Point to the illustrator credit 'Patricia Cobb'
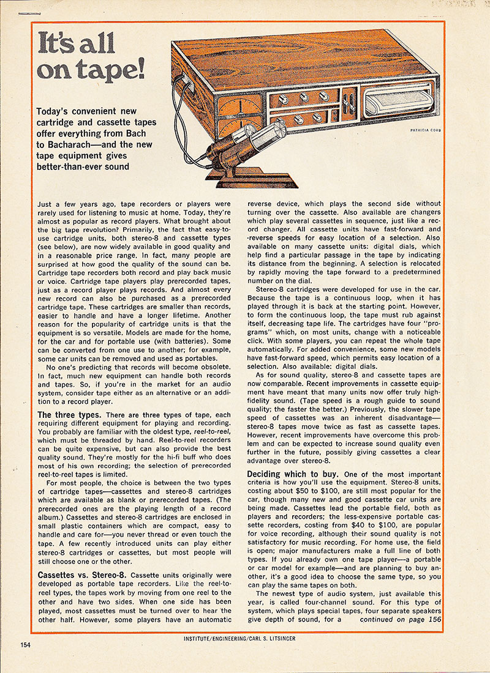(x=425, y=130)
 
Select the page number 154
(x=26, y=644)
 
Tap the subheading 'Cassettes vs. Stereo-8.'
(x=82, y=576)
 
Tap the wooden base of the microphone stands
(x=245, y=177)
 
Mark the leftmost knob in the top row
(x=284, y=99)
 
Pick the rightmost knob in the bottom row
(x=317, y=117)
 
